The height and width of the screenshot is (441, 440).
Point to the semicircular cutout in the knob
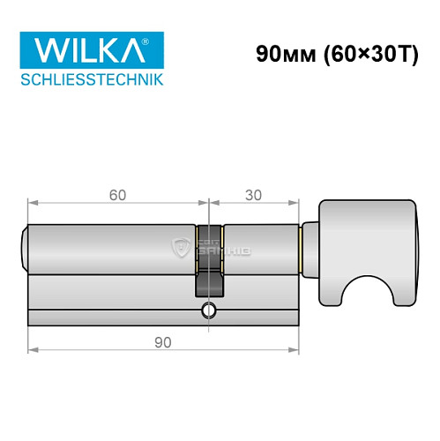coord(367,282)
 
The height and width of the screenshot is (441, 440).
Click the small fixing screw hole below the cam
coord(208,310)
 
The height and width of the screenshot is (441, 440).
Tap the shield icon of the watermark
coord(183,248)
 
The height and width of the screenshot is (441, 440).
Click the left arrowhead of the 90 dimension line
coord(32,350)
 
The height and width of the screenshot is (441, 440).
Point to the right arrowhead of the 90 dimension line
coord(296,350)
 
